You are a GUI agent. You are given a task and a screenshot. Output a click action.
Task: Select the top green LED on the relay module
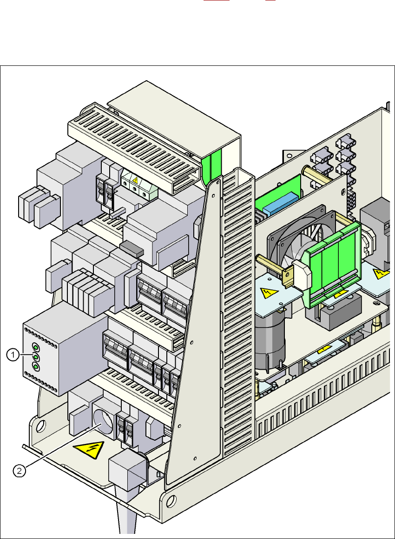35,346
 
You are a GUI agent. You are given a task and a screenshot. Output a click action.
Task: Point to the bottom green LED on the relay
35,368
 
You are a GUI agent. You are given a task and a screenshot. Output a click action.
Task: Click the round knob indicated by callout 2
102,422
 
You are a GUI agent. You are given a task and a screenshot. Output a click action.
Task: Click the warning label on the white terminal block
135,180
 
